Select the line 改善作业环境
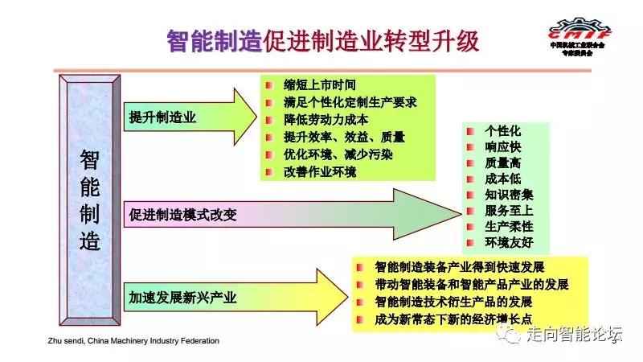pyautogui.click(x=320, y=171)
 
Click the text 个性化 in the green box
pyautogui.click(x=503, y=130)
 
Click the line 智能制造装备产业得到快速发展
pyautogui.click(x=460, y=268)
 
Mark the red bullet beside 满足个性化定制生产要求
pyautogui.click(x=271, y=103)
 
